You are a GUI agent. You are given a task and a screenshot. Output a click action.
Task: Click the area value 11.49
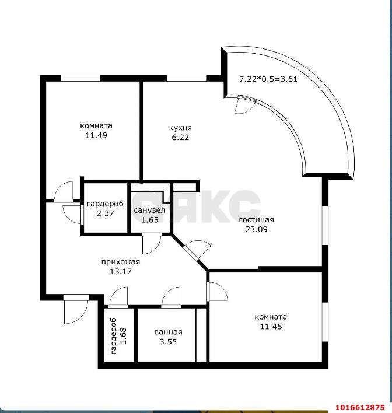[96, 135]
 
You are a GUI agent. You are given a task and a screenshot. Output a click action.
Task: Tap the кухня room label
[180, 128]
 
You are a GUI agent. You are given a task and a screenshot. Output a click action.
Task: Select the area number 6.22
[180, 138]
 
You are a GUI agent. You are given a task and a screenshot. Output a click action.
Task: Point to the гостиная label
[256, 220]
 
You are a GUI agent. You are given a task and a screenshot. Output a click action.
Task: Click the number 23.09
[256, 229]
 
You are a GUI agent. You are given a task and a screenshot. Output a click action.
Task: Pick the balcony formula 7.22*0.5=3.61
[268, 79]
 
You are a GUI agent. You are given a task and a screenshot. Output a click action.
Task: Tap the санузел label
[149, 210]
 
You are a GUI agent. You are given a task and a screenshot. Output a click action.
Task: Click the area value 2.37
[105, 213]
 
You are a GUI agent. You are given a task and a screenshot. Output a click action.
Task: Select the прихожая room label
[121, 262]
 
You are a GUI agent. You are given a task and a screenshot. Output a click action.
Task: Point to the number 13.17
[121, 271]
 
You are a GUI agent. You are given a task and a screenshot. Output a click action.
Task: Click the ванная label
[168, 332]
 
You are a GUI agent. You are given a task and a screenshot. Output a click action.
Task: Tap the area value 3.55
[168, 342]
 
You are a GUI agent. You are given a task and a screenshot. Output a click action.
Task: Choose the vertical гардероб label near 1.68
[114, 336]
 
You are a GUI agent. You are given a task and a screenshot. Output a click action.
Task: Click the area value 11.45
[271, 327]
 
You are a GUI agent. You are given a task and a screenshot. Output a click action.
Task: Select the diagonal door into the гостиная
[197, 250]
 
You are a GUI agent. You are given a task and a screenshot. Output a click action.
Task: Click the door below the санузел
[151, 244]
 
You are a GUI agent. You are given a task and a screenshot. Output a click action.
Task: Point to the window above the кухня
[187, 78]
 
